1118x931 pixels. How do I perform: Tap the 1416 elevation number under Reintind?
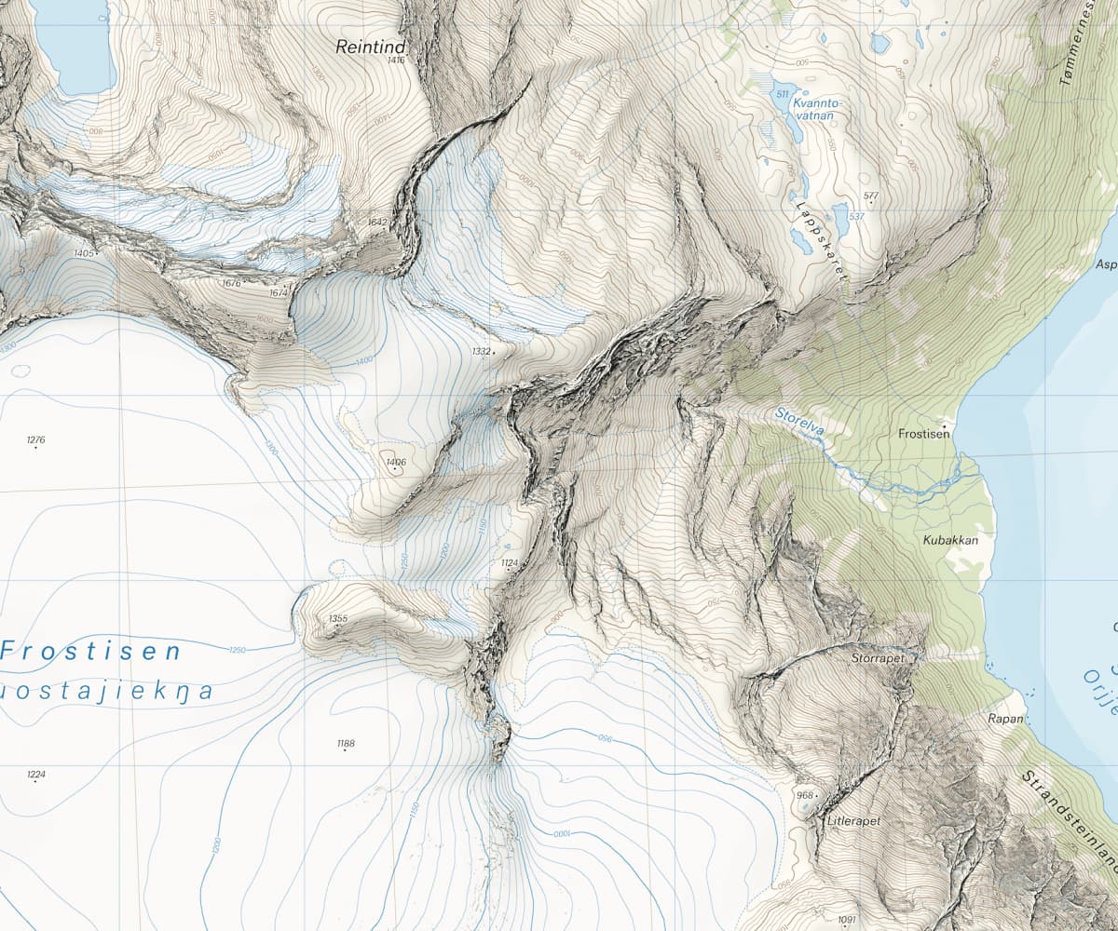pyautogui.click(x=396, y=61)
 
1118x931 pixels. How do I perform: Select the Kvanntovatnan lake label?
pyautogui.click(x=813, y=110)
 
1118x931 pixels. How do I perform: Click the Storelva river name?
pyautogui.click(x=798, y=421)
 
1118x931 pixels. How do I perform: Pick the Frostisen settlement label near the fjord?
pyautogui.click(x=924, y=434)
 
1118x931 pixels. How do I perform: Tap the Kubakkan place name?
pyautogui.click(x=946, y=540)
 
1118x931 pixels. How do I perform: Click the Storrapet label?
pyautogui.click(x=878, y=657)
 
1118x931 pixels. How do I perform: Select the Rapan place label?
pyautogui.click(x=1006, y=719)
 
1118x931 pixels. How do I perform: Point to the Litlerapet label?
pyautogui.click(x=853, y=822)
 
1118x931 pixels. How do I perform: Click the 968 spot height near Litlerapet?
pyautogui.click(x=804, y=796)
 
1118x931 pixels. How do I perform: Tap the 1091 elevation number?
pyautogui.click(x=846, y=920)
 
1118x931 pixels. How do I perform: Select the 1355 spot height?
pyautogui.click(x=338, y=619)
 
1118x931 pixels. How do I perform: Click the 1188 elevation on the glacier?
pyautogui.click(x=346, y=743)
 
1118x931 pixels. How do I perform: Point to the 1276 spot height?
pyautogui.click(x=36, y=439)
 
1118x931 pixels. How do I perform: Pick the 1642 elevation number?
pyautogui.click(x=377, y=223)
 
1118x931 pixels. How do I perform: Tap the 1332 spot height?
pyautogui.click(x=481, y=351)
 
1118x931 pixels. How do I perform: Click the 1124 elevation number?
pyautogui.click(x=509, y=563)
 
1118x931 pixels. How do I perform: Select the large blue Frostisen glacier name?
pyautogui.click(x=90, y=651)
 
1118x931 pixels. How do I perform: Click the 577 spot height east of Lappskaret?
pyautogui.click(x=871, y=196)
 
